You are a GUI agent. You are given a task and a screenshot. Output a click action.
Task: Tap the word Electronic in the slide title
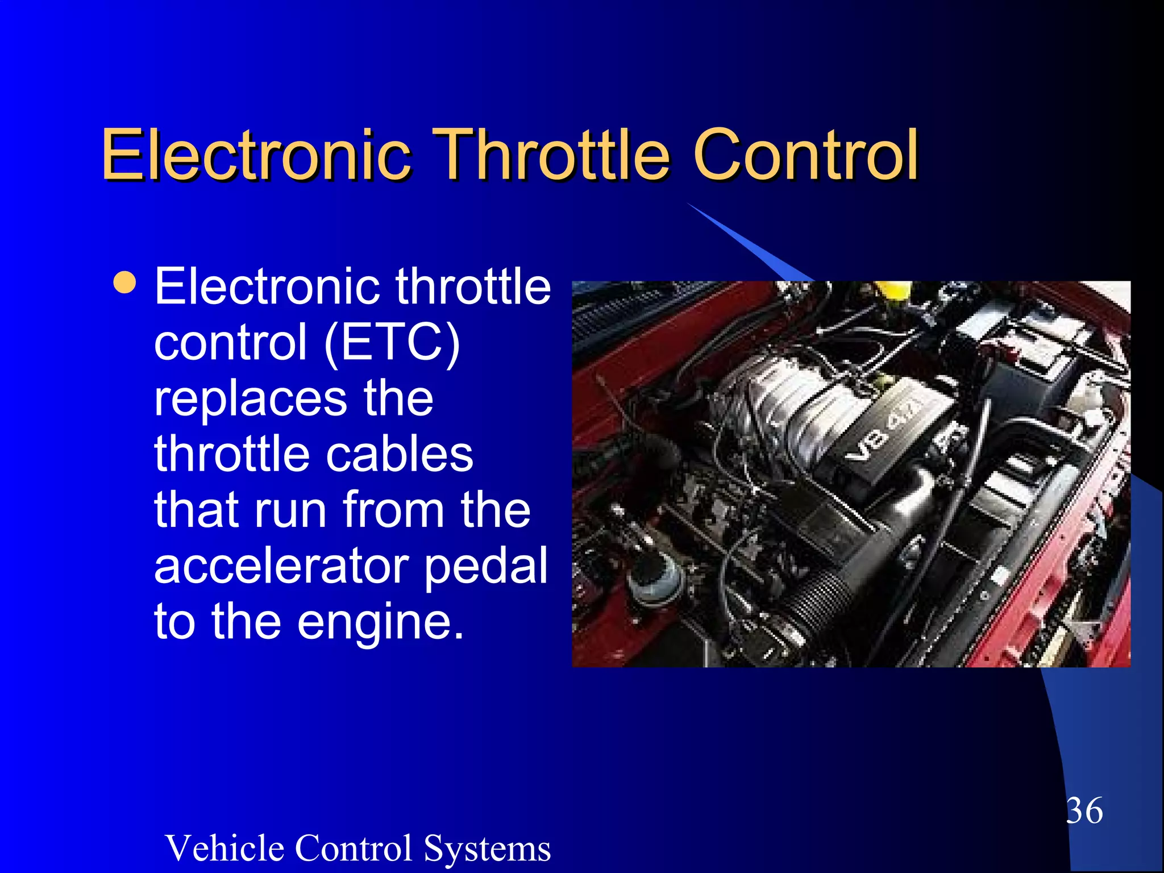pos(256,155)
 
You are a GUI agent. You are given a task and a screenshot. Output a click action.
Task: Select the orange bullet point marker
pos(124,282)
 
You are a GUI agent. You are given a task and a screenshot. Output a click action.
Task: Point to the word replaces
pos(250,399)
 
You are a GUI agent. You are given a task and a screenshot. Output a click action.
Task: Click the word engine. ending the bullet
pos(381,622)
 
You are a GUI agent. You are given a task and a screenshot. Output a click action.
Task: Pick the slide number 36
pos(1084,810)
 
